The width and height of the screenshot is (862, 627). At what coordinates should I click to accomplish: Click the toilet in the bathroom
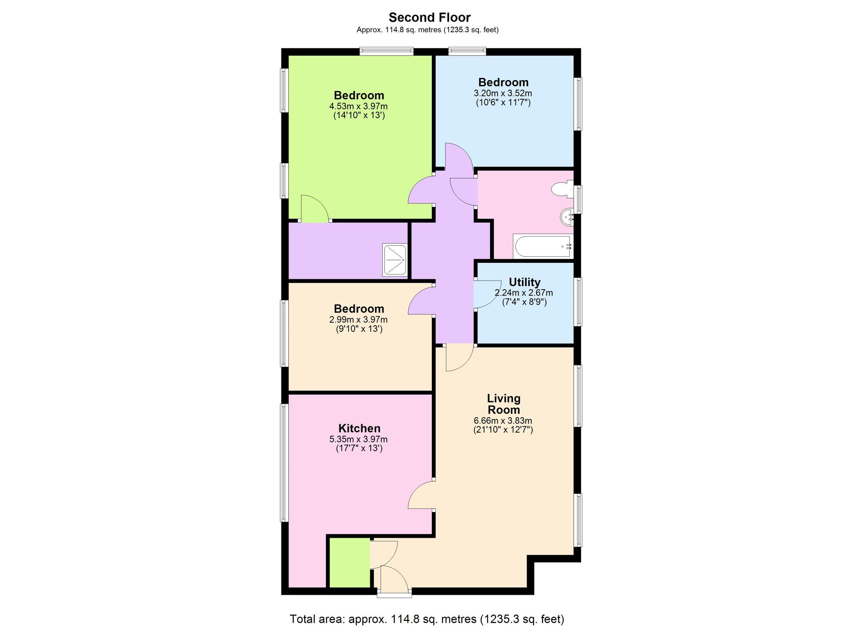click(x=562, y=189)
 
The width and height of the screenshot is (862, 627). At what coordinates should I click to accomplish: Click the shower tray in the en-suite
click(x=395, y=260)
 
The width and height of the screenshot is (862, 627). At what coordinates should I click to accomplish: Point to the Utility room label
click(x=525, y=282)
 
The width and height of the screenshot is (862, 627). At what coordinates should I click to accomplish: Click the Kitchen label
click(x=359, y=428)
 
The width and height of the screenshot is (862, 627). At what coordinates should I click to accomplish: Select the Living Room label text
click(x=503, y=404)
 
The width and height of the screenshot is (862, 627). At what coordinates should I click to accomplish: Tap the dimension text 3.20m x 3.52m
click(x=503, y=93)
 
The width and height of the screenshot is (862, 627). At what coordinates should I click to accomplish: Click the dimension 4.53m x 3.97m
click(x=358, y=106)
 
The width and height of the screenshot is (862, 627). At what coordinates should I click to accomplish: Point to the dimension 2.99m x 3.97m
click(x=358, y=320)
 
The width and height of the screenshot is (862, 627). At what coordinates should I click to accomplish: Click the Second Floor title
click(x=429, y=17)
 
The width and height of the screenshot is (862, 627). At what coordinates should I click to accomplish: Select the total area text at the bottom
click(x=427, y=619)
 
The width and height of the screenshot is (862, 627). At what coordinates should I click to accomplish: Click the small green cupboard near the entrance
click(x=350, y=562)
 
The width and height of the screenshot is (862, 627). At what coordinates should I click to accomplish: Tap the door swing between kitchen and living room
click(x=422, y=496)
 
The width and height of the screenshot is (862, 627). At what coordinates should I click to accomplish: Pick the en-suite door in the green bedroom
click(x=314, y=209)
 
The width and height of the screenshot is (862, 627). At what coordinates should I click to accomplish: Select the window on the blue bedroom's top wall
click(x=467, y=51)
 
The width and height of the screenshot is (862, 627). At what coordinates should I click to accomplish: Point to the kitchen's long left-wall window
click(x=284, y=462)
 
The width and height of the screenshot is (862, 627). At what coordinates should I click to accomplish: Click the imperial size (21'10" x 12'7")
click(x=503, y=430)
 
